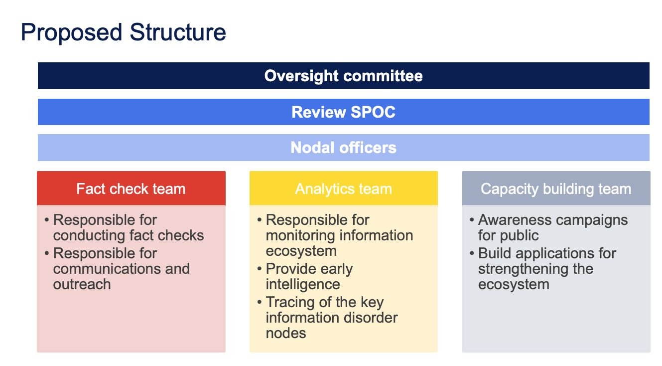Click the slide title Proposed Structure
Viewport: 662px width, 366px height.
[123, 32]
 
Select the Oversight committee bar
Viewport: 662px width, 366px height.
[343, 75]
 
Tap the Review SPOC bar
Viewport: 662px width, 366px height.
[343, 112]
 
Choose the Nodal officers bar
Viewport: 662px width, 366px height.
[343, 148]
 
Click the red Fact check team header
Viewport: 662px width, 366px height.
[131, 188]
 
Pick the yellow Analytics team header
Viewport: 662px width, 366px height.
[343, 188]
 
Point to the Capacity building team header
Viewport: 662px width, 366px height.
[556, 188]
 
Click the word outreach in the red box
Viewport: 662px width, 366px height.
[82, 284]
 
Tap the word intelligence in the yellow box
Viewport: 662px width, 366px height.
[303, 284]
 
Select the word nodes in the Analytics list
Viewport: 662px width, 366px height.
[286, 333]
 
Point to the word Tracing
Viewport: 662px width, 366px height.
[289, 302]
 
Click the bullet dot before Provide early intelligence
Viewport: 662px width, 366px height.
[260, 269]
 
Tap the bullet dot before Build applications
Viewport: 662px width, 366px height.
[472, 253]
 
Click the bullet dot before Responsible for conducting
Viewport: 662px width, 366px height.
[47, 220]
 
